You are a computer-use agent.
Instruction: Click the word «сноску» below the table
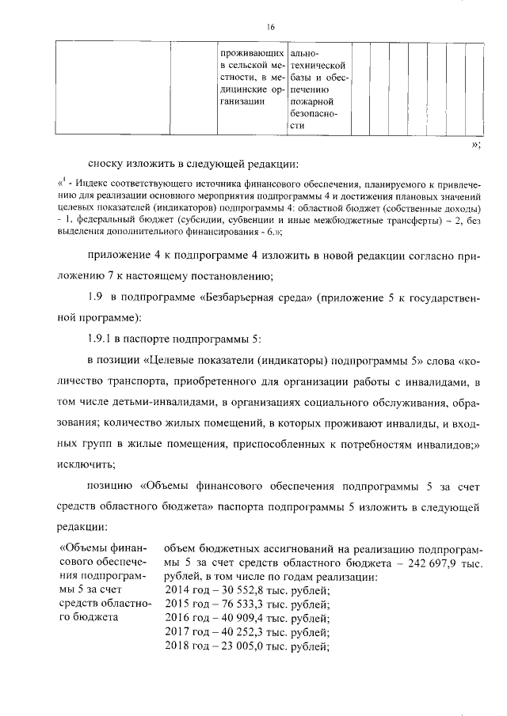click(x=106, y=164)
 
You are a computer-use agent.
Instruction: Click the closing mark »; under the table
click(x=475, y=145)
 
